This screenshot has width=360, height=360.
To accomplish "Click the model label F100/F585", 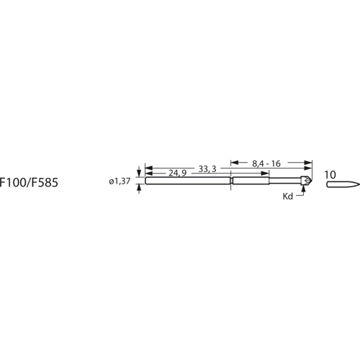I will click(30, 183).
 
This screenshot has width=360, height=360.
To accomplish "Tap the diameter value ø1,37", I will click(120, 182).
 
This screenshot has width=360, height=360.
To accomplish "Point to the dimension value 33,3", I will click(208, 168).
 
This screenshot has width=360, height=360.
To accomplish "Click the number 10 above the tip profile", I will click(330, 174).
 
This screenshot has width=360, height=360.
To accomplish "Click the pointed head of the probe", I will click(307, 181).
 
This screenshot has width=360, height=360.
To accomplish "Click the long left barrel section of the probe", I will click(187, 181).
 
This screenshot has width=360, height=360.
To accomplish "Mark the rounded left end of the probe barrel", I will click(146, 181).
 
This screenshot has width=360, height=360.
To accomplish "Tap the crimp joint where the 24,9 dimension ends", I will click(230, 181).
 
